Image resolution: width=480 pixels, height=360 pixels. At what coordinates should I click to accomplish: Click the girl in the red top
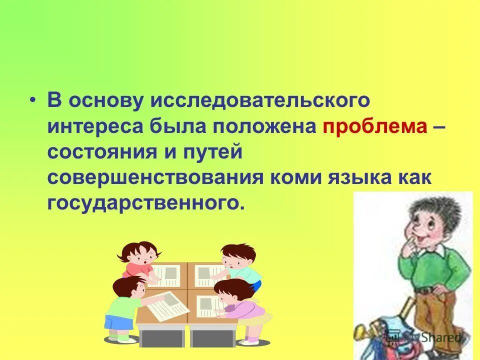pos(138,260)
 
